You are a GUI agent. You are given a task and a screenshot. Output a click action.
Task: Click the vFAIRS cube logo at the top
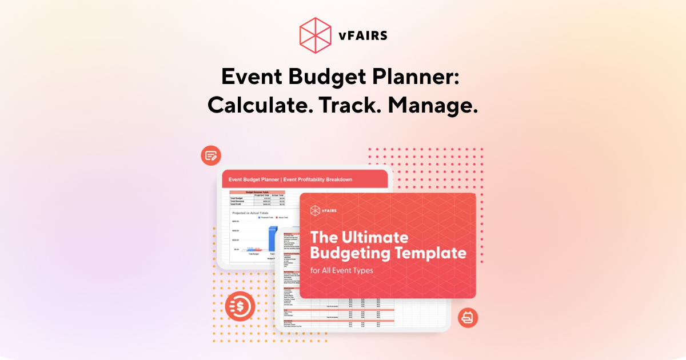316,34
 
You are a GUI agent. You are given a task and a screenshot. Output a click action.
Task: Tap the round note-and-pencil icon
211,155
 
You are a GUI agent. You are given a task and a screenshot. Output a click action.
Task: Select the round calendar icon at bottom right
468,318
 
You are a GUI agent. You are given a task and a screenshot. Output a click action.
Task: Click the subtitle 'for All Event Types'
342,270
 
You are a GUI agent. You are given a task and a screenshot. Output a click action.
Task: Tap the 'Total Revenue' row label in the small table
240,201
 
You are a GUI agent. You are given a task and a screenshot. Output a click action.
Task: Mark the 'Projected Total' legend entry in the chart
267,218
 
